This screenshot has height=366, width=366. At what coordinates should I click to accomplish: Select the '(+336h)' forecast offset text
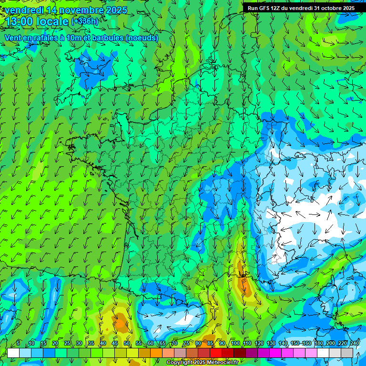[x=85, y=21]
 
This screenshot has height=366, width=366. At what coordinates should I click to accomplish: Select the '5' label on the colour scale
[x=18, y=343]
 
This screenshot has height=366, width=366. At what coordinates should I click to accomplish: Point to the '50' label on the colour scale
[x=127, y=343]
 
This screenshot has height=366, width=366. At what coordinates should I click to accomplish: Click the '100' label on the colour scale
[x=235, y=343]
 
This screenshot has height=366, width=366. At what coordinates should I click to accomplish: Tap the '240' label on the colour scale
[x=355, y=343]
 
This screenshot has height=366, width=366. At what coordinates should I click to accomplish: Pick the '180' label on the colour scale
[x=319, y=343]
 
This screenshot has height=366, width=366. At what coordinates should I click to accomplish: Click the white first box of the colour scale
[x=13, y=353]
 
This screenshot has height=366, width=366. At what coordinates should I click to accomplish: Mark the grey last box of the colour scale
[x=347, y=353]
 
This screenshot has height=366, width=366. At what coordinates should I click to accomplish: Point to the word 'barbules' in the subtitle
[x=105, y=38]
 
